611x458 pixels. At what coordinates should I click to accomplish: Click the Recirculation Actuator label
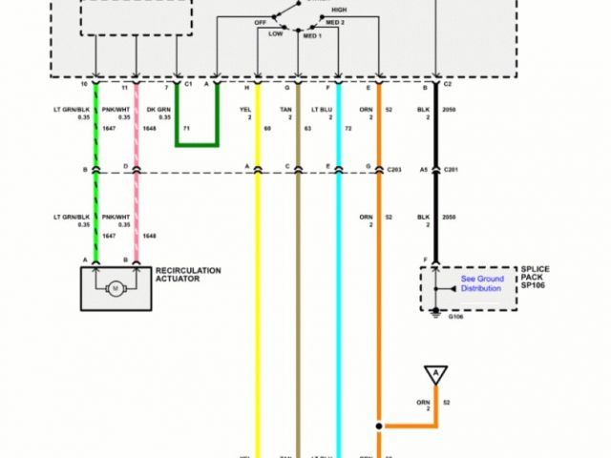(188, 275)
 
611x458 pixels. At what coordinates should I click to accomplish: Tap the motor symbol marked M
(116, 287)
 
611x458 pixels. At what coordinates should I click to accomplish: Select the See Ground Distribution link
(480, 283)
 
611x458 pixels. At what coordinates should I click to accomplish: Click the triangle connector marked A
(436, 372)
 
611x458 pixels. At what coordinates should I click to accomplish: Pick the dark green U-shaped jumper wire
(198, 143)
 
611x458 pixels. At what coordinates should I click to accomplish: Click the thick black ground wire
(436, 219)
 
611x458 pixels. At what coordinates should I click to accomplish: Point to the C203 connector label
(394, 170)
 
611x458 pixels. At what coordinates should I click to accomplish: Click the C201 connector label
(452, 170)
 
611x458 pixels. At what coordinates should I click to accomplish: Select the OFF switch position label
(260, 20)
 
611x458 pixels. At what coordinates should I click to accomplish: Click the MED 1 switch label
(312, 35)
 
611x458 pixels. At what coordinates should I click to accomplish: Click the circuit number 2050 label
(452, 110)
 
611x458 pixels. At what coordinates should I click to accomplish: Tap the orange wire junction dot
(379, 425)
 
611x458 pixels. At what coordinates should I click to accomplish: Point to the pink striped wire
(137, 210)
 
